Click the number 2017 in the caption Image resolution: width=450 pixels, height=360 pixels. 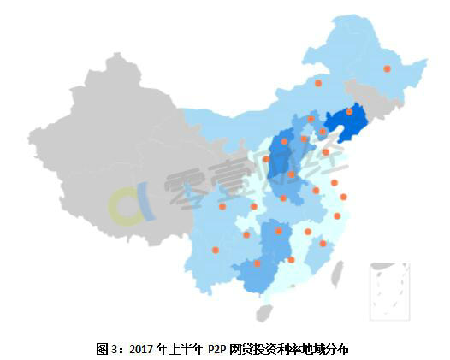pos(139,349)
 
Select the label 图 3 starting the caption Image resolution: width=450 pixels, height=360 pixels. pos(108,349)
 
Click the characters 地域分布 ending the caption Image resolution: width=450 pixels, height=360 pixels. pos(330,349)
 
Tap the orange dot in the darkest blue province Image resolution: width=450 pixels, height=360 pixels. pos(349,112)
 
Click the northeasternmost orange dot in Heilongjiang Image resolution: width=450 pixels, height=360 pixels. pos(387,68)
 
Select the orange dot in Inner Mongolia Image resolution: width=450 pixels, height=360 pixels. pos(318,83)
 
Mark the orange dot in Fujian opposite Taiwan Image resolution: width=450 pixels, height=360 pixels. pos(323,244)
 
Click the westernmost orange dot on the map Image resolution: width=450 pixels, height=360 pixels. pos(215,251)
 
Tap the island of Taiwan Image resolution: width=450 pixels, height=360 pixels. pos(336,273)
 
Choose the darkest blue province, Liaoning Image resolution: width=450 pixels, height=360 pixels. pos(346,124)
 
